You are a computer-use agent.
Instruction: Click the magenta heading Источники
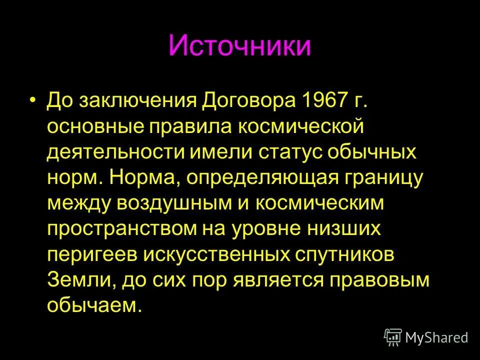tap(239, 46)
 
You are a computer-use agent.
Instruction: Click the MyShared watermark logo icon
tap(393, 337)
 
